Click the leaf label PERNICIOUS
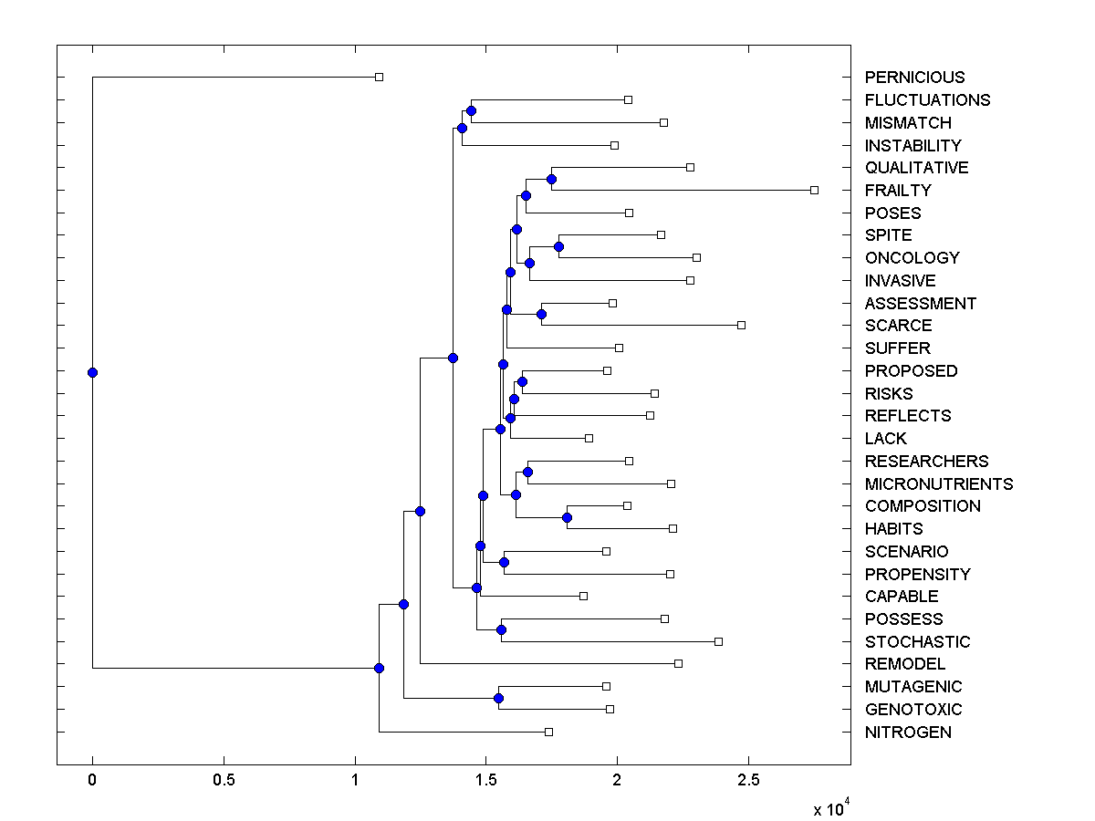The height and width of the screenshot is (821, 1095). point(914,78)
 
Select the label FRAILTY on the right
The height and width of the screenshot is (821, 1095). point(898,191)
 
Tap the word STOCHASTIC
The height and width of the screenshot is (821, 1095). point(917,642)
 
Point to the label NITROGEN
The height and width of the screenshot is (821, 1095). point(908,733)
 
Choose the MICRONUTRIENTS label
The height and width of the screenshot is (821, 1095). point(939,484)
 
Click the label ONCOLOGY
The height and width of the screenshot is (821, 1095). point(912,258)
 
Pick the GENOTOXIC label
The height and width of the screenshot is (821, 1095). point(913,710)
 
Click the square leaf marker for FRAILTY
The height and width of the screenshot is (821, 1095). point(814,190)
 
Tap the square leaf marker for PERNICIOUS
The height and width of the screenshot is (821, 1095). point(379,77)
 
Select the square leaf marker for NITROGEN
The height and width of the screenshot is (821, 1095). point(548,732)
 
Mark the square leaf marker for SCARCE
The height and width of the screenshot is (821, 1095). point(741,325)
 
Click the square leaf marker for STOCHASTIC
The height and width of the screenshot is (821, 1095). point(718,641)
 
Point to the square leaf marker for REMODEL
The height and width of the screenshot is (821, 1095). point(678,663)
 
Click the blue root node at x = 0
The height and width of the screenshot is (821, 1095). point(92,372)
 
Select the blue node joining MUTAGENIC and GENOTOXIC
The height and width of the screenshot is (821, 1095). point(498,698)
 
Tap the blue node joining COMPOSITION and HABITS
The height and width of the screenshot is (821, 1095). point(567,517)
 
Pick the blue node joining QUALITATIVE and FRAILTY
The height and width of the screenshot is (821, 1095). point(551,179)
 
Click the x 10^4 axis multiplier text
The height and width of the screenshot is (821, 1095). point(831,808)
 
